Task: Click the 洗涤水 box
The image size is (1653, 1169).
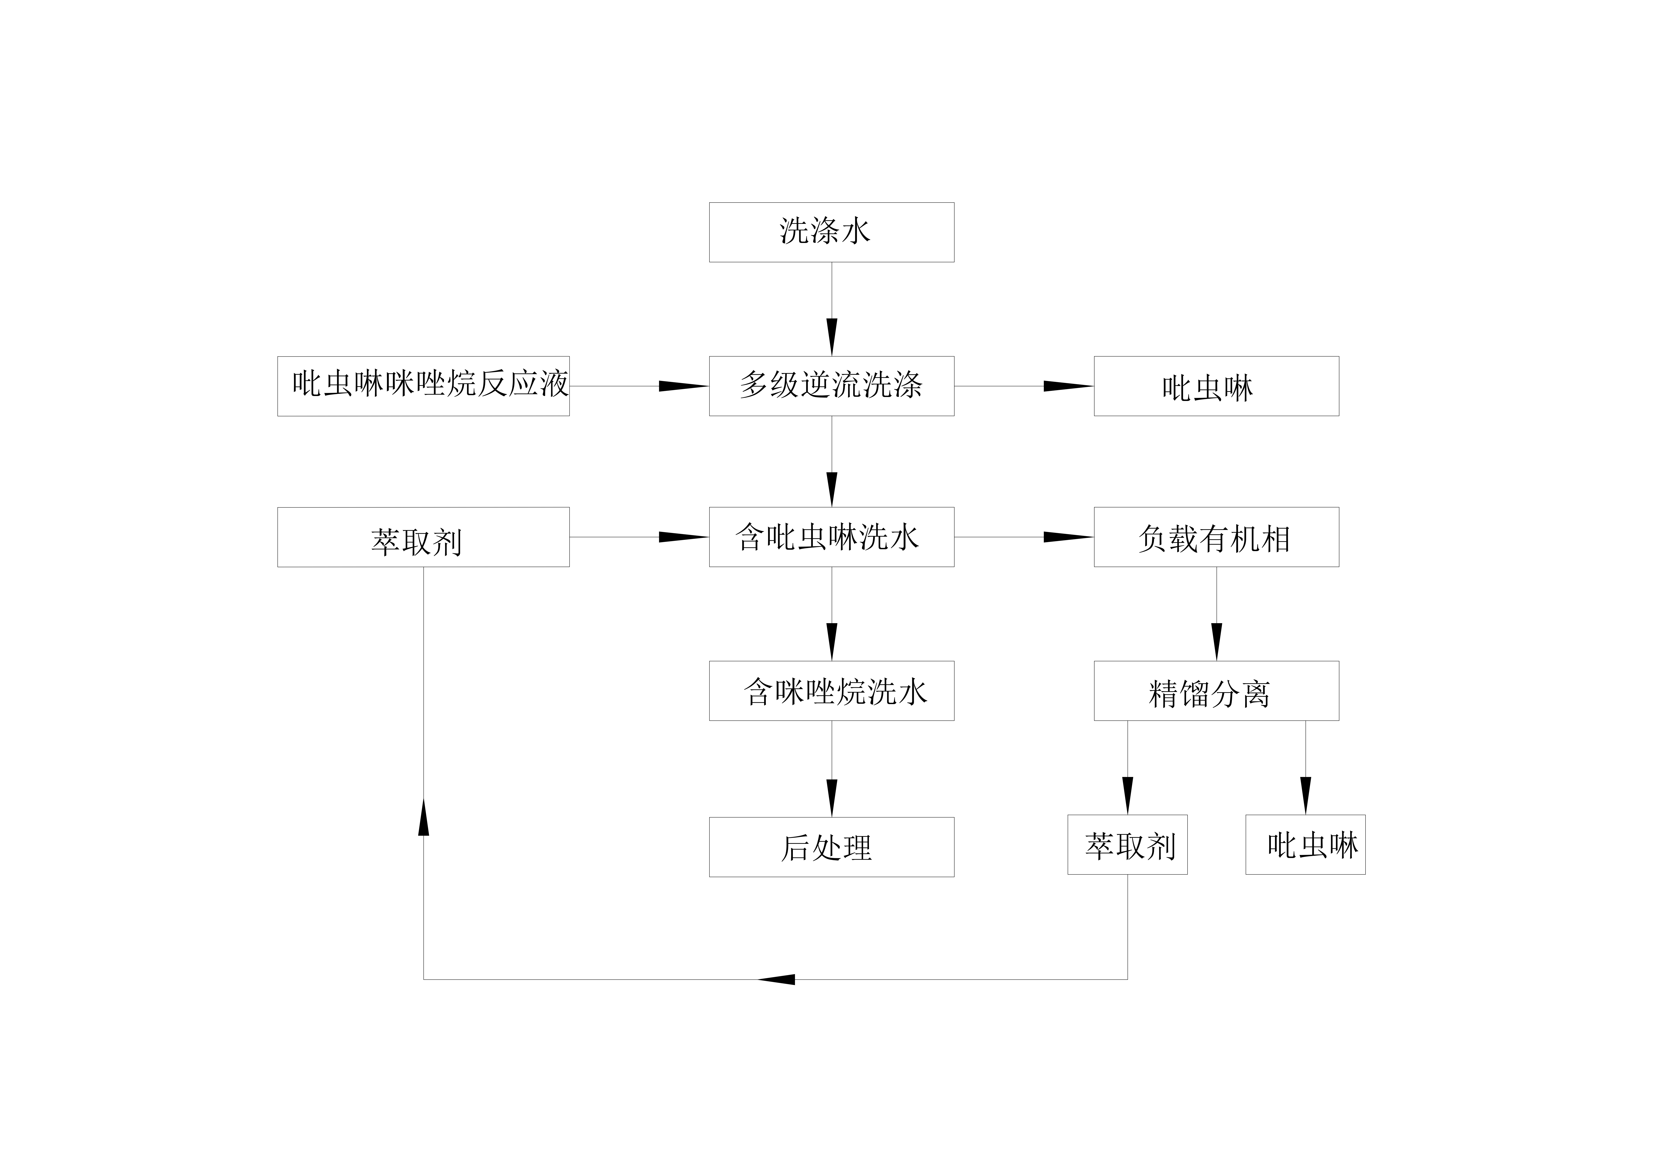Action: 832,232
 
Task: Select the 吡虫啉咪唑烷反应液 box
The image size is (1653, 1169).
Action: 423,386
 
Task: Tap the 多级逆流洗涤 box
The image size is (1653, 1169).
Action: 832,386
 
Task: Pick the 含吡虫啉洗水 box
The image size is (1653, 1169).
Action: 832,537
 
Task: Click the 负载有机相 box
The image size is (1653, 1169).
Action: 1216,537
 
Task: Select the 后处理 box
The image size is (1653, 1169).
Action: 832,846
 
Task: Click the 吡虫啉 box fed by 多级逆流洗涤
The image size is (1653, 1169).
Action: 1216,386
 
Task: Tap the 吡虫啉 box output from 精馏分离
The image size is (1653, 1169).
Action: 1305,844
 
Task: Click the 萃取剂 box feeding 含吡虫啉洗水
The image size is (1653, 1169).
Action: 423,537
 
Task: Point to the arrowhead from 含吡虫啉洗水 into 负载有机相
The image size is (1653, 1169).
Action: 1068,537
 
